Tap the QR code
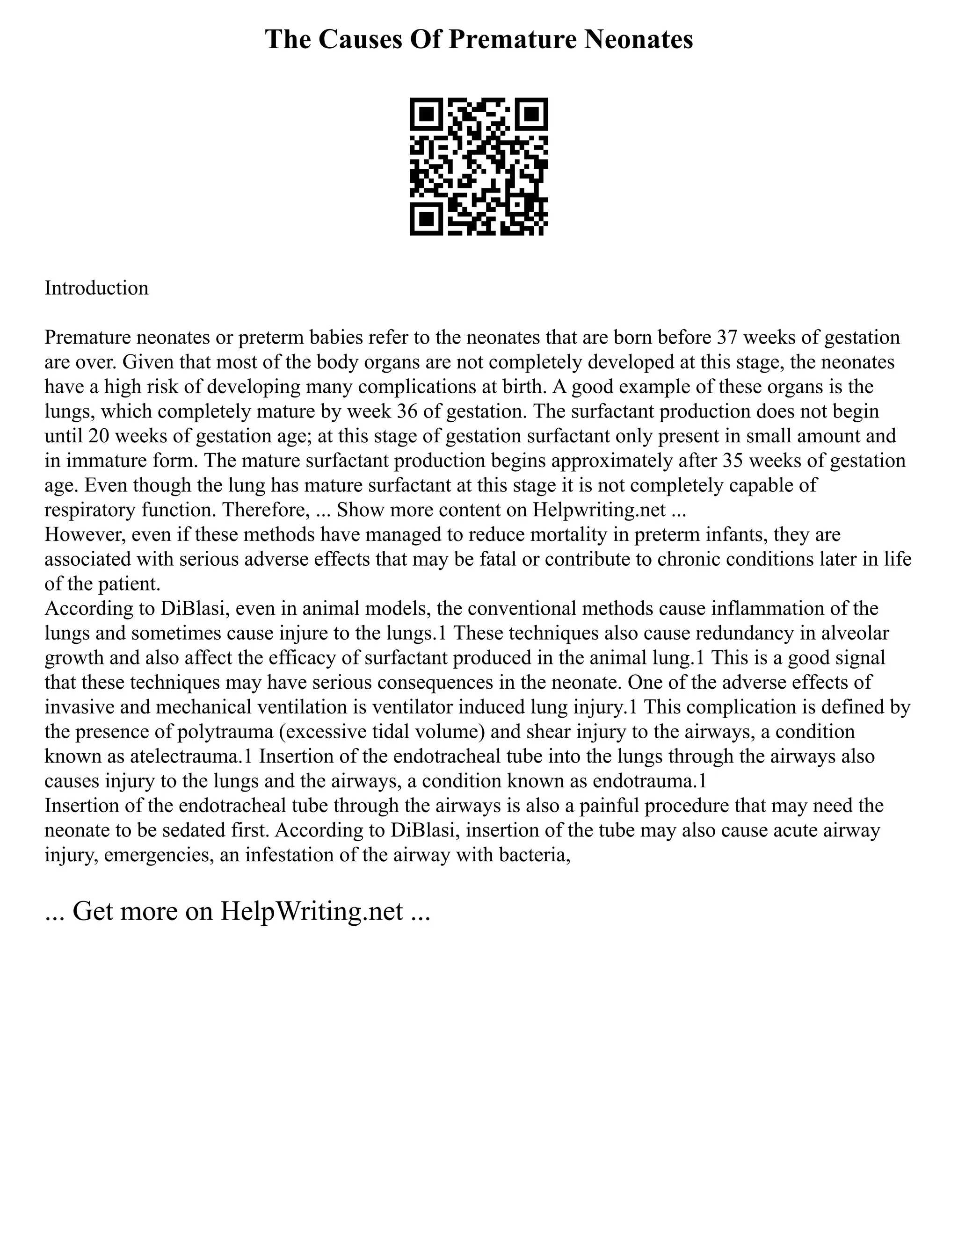coord(479,166)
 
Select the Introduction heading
coord(96,288)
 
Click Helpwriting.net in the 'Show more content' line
coord(599,510)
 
